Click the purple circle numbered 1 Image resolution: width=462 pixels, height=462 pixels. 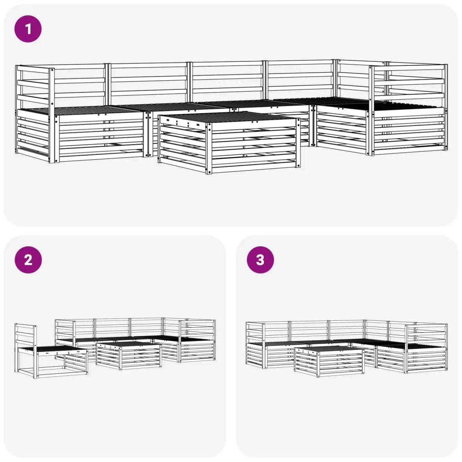pyautogui.click(x=28, y=29)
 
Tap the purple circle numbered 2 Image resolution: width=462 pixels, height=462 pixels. pyautogui.click(x=28, y=260)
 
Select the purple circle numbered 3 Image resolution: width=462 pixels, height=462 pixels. pyautogui.click(x=260, y=260)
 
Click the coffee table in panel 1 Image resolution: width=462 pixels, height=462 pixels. pyautogui.click(x=229, y=143)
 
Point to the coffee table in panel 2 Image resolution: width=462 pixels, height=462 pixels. pyautogui.click(x=129, y=356)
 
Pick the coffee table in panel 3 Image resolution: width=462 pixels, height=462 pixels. pyautogui.click(x=329, y=361)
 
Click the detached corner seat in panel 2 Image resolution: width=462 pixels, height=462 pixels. pyautogui.click(x=51, y=351)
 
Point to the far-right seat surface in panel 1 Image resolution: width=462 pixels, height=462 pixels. pyautogui.click(x=407, y=105)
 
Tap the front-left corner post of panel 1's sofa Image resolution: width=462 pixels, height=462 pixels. pyautogui.click(x=52, y=115)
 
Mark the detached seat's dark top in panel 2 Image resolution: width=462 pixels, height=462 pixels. pyautogui.click(x=53, y=349)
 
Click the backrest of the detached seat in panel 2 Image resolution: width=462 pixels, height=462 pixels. pyautogui.click(x=25, y=336)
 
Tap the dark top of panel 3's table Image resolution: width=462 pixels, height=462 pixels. pyautogui.click(x=329, y=349)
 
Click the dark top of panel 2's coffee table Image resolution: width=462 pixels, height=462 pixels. pyautogui.click(x=129, y=344)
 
